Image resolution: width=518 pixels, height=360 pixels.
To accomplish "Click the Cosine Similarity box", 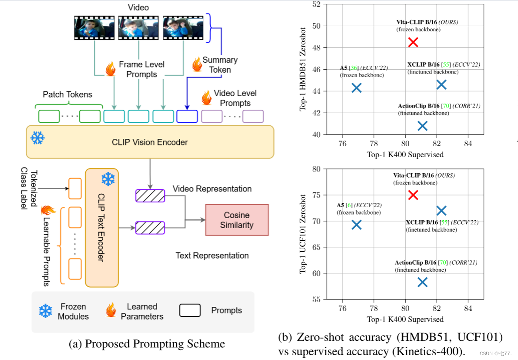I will [x=237, y=220].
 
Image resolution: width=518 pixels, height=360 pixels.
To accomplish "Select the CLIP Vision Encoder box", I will [x=150, y=142].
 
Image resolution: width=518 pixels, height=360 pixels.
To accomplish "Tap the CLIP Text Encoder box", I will [x=102, y=228].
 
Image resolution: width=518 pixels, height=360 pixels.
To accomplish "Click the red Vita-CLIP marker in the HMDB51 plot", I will [x=413, y=42].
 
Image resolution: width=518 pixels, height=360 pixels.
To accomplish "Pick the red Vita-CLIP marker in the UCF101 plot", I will [x=413, y=195].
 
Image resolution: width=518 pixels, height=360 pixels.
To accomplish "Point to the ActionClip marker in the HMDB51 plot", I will [x=422, y=126].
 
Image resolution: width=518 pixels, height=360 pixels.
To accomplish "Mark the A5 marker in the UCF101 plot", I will [x=357, y=225].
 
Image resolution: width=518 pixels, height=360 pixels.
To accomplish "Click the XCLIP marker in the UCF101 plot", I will [x=441, y=211].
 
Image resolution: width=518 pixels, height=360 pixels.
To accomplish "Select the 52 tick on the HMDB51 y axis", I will [x=316, y=4].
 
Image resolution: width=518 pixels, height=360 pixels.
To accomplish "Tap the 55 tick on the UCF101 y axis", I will [x=316, y=299].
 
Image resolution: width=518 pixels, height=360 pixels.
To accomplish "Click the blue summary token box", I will [x=187, y=116].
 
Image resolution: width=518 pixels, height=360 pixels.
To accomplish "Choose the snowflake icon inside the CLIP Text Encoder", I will [x=108, y=179].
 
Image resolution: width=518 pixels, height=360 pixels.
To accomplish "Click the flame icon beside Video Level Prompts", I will [x=207, y=98].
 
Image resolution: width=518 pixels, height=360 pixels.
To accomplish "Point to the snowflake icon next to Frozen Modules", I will [x=45, y=311].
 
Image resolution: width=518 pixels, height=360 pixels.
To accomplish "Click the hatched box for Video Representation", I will [x=150, y=195].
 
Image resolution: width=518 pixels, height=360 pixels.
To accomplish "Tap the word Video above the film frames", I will [x=138, y=7].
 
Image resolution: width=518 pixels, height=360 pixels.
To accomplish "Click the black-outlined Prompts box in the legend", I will [x=190, y=310].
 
